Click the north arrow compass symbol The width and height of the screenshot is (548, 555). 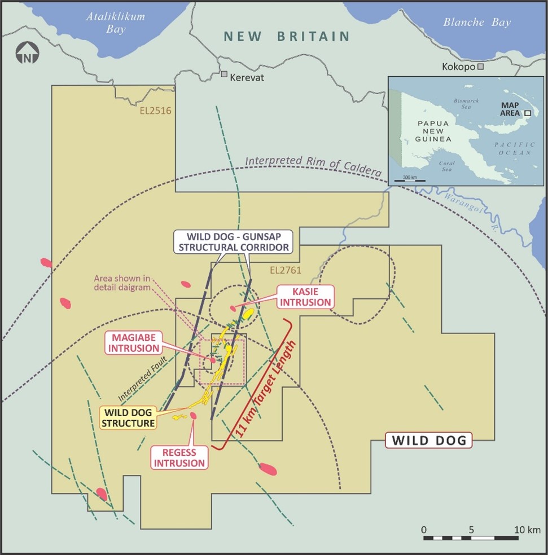pos(27,56)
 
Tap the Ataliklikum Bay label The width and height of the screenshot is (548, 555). pos(115,23)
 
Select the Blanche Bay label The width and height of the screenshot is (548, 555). pos(477,23)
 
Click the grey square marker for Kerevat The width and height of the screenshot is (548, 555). pos(224,74)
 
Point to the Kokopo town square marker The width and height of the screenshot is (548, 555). pos(480,67)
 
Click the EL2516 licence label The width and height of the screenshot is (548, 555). pos(155,111)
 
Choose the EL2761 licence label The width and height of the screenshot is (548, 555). pos(286,270)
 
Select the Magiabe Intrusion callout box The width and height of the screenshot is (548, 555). pos(133,343)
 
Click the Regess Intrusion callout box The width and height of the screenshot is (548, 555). pos(179,457)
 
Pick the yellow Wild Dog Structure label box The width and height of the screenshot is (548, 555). pos(128,417)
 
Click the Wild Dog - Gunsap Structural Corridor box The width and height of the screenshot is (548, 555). pos(232,241)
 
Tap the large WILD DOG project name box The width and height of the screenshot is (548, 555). pos(429,440)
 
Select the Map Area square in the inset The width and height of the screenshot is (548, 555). pos(527,113)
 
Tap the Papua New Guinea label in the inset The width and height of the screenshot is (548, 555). pos(433,131)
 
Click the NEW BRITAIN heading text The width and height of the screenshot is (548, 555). pos(287,37)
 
